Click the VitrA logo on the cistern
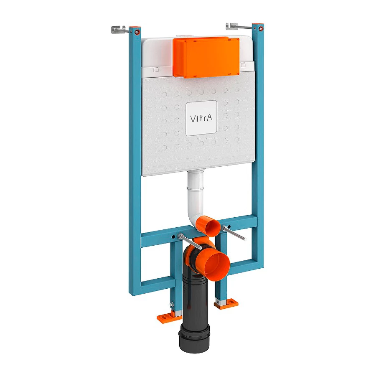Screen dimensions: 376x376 tap(201, 118)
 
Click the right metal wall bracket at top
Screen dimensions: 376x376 tap(236, 27)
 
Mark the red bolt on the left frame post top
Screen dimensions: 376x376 tap(136, 32)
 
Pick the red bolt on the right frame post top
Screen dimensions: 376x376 tap(260, 29)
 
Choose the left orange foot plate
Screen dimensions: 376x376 tap(169, 318)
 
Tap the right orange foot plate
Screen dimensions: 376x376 tap(226, 304)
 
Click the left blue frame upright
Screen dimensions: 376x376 tap(135, 167)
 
